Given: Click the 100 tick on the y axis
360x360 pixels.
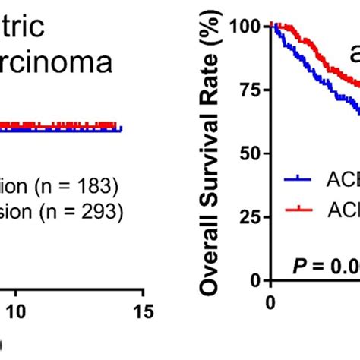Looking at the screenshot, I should (x=245, y=27).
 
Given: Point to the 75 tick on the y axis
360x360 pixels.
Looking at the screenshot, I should (x=249, y=90).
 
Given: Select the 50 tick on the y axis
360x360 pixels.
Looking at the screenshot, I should (x=249, y=153).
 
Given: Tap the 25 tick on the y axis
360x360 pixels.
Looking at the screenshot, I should (x=249, y=217).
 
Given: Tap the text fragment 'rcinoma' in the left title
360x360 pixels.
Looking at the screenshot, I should (x=57, y=62).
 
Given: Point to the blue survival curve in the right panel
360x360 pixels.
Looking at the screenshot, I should (x=319, y=84).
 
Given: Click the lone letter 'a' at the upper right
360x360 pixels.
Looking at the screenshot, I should (x=353, y=55).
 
